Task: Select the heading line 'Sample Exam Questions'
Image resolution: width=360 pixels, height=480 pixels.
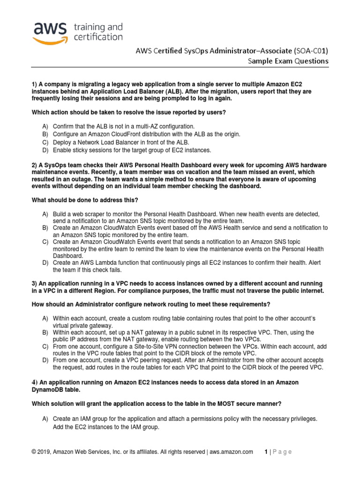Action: pyautogui.click(x=288, y=61)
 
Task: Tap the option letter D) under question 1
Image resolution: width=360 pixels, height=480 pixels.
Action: pyautogui.click(x=45, y=150)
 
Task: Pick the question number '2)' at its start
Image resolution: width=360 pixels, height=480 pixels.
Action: pyautogui.click(x=34, y=165)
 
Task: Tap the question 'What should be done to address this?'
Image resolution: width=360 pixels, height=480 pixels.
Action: pyautogui.click(x=85, y=200)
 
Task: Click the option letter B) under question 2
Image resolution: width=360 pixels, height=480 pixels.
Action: pyautogui.click(x=45, y=227)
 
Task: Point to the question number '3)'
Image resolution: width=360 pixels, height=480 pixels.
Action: pyautogui.click(x=34, y=284)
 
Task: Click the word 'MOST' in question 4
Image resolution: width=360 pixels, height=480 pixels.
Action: pyautogui.click(x=244, y=404)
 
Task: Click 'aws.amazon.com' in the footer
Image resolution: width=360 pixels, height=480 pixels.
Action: pyautogui.click(x=231, y=452)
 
